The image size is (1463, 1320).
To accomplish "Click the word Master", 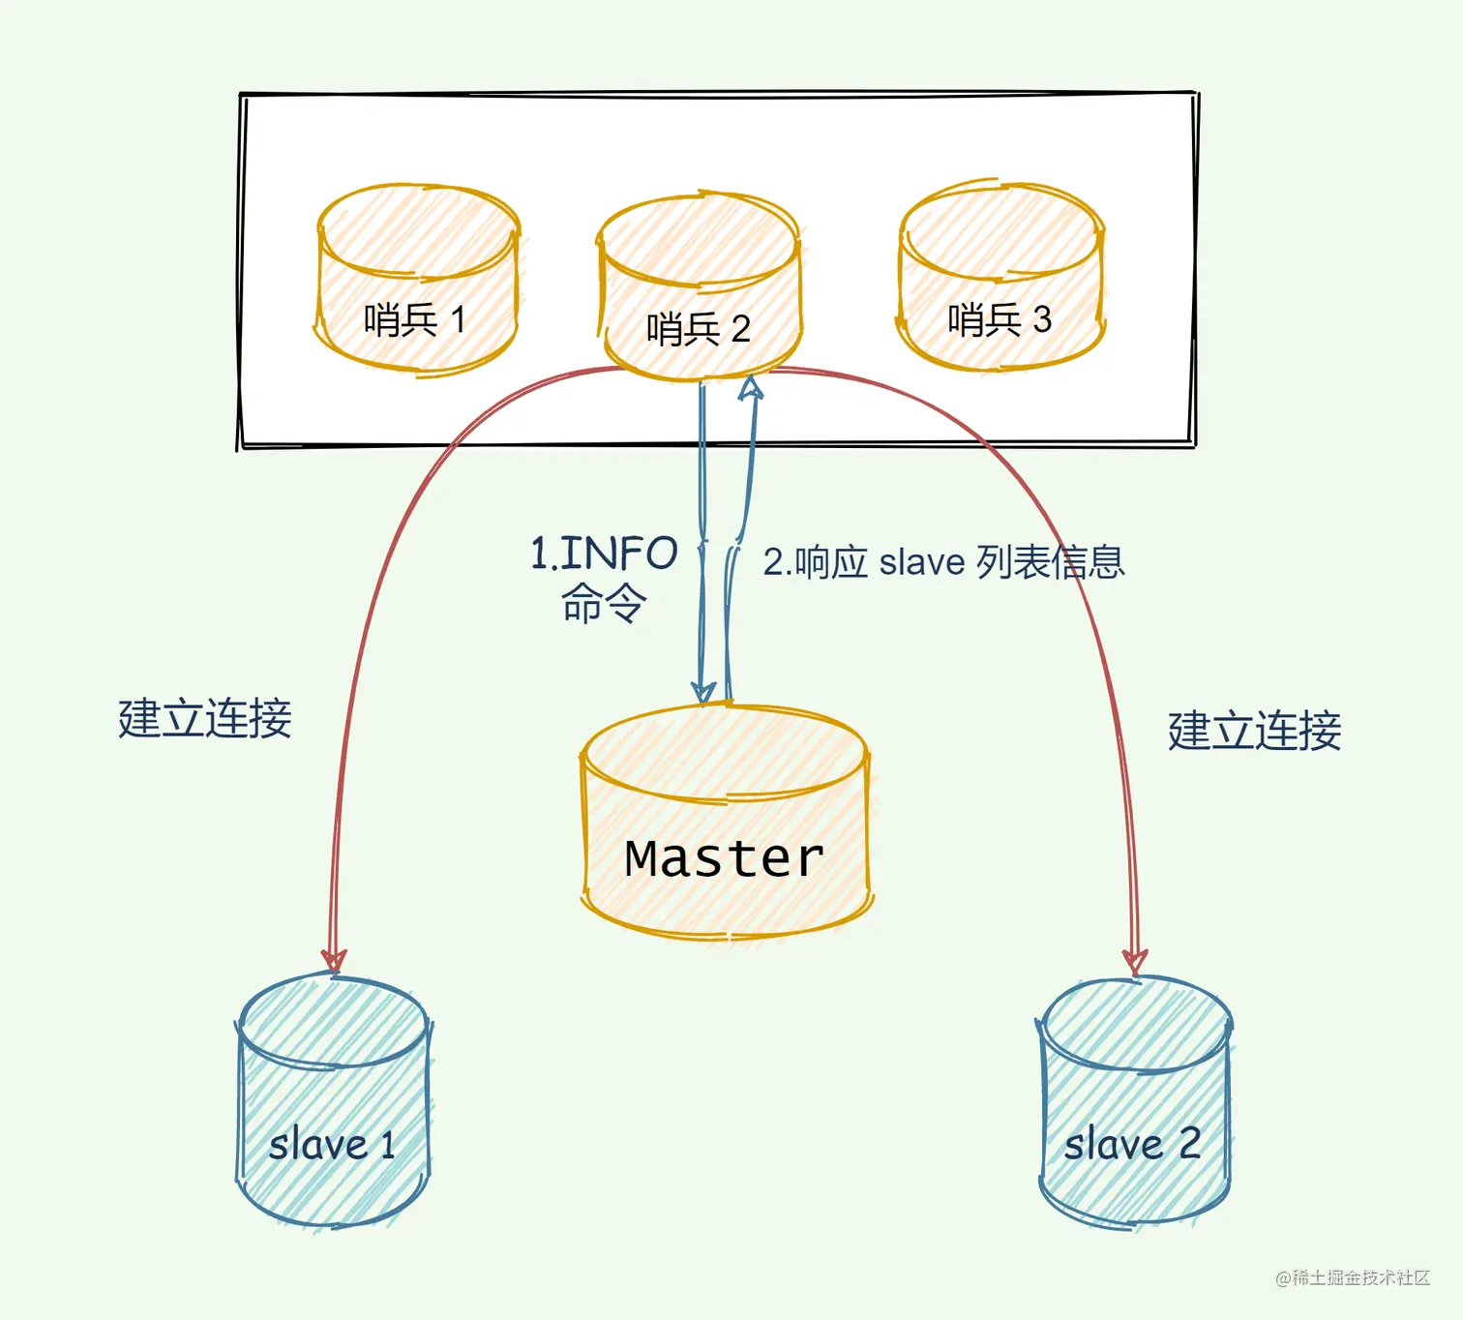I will point(724,858).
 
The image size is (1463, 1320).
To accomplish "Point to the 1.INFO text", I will point(604,555).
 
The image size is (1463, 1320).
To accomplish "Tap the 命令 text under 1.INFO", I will point(604,603).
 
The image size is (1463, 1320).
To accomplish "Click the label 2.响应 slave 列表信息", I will point(943,562).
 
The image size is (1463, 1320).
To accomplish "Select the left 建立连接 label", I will point(205,719).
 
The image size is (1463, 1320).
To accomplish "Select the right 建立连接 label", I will point(1254,731).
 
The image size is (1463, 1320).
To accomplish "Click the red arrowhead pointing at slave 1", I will point(334,959).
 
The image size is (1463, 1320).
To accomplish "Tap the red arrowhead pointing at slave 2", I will point(1134,962).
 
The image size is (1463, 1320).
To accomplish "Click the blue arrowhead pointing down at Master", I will point(703,691).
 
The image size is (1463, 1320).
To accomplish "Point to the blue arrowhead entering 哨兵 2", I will point(751,388).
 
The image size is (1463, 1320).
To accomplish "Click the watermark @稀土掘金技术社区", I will point(1352,1278).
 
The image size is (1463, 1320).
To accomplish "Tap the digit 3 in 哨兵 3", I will point(1042,320).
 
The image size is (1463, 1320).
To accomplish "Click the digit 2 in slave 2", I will point(1189,1144).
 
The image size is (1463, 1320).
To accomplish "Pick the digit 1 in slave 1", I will point(388,1146).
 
